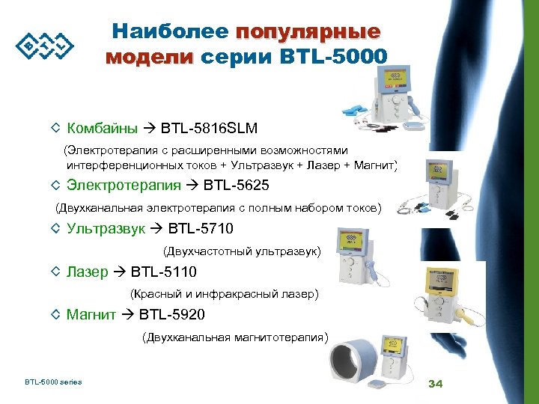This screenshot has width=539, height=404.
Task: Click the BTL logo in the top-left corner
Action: tap(45, 46)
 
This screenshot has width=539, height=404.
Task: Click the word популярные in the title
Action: tap(308, 32)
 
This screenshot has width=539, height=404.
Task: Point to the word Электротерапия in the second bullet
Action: tap(124, 185)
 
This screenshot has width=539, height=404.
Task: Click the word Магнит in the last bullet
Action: tap(91, 314)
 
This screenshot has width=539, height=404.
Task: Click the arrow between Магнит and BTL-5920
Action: tap(127, 314)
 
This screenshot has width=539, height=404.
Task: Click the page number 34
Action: tap(435, 384)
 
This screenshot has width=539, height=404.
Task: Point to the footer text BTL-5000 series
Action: tap(53, 382)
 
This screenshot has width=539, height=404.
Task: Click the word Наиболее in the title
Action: tap(171, 32)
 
